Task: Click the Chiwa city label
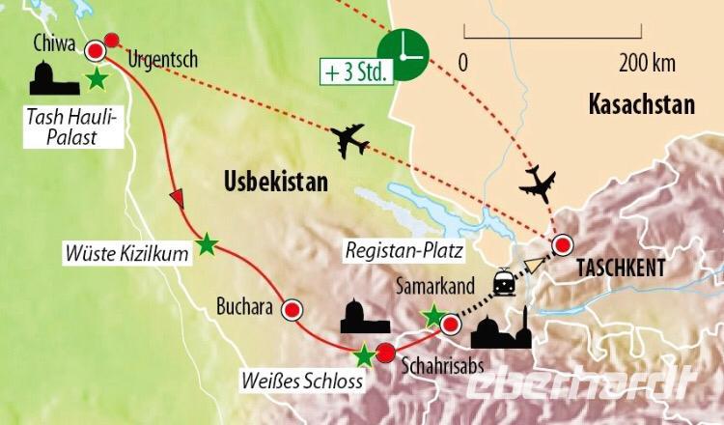click(x=51, y=42)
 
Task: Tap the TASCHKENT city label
click(x=622, y=269)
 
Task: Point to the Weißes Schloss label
click(x=308, y=382)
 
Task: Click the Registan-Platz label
click(x=400, y=250)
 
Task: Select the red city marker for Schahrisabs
click(x=385, y=352)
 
